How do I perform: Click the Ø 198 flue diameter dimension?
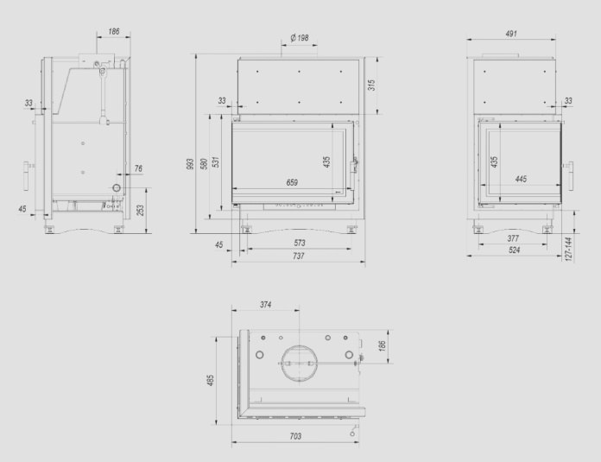tap(300, 38)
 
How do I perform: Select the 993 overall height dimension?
tap(190, 165)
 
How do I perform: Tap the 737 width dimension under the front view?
tap(299, 256)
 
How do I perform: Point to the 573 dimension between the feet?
tap(300, 243)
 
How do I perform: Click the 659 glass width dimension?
tap(292, 182)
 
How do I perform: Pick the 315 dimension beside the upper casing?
tap(371, 85)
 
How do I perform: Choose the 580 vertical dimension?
tap(205, 164)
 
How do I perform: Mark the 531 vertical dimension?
tap(217, 162)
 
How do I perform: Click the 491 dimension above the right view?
tap(511, 34)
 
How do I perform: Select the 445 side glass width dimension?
tap(521, 179)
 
